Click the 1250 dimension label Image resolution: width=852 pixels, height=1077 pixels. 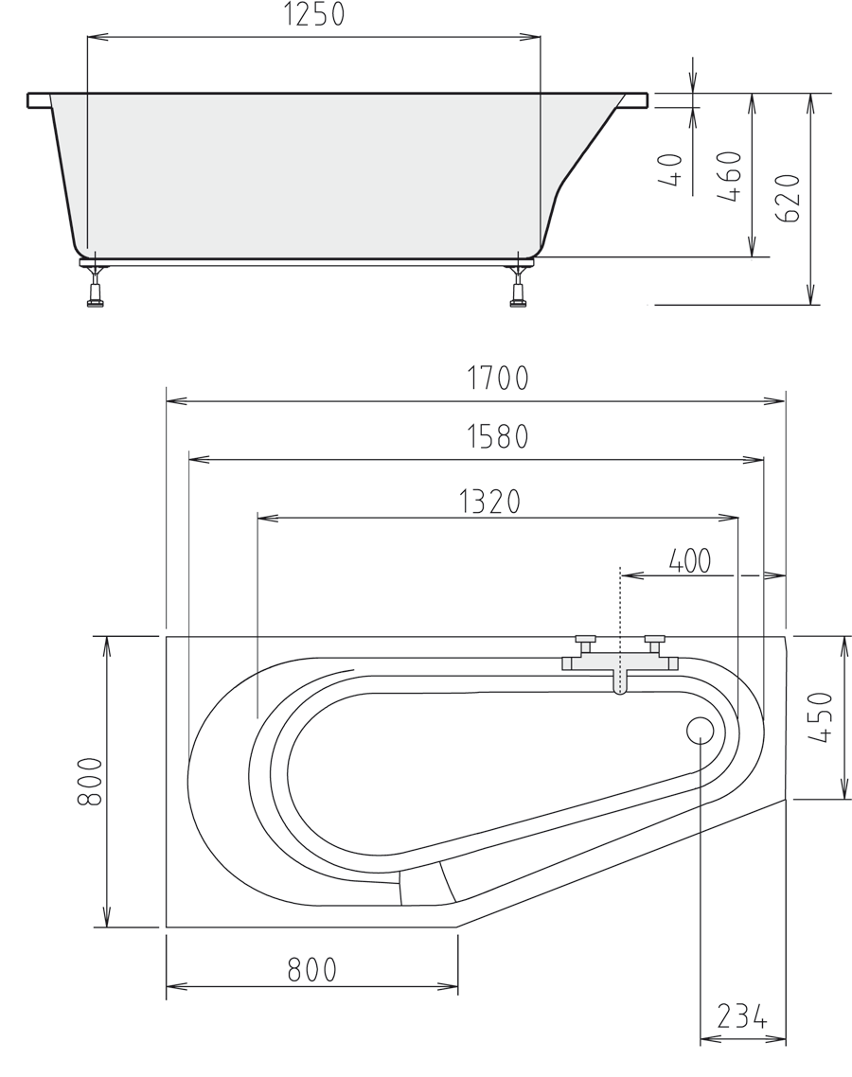tap(313, 15)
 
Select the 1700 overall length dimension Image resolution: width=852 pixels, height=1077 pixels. tap(498, 379)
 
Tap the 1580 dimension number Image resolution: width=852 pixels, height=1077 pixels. tap(498, 437)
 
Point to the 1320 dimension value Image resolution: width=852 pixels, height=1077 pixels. tap(490, 502)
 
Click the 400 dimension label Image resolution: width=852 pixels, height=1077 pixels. tap(690, 561)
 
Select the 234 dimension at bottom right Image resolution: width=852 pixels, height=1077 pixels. tap(741, 1016)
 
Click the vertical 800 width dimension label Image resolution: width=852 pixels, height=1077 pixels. tap(89, 781)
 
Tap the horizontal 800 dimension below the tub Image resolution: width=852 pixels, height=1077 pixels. tap(311, 970)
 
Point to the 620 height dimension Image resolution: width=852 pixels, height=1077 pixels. tap(790, 198)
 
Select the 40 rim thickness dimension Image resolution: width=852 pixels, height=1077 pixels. tap(671, 171)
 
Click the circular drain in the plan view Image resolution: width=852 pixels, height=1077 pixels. tap(701, 730)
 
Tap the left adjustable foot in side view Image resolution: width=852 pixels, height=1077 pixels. tap(95, 286)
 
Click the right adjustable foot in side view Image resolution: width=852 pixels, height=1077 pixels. tap(518, 286)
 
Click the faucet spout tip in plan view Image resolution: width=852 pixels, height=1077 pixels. tap(620, 691)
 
